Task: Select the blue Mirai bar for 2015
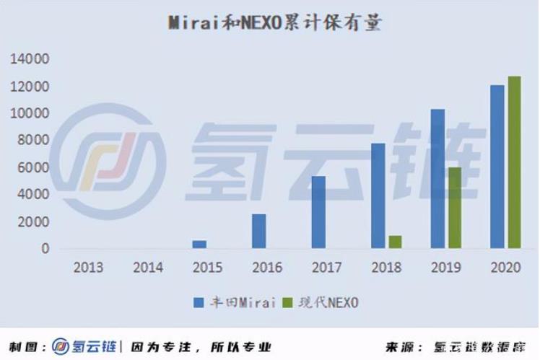pos(199,245)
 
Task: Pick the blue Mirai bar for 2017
pos(318,212)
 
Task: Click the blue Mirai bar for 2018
pos(378,196)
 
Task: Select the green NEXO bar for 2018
pos(394,242)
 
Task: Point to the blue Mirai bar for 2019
pos(437,178)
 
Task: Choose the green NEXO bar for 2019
pos(454,208)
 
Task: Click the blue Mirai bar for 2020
pos(497,167)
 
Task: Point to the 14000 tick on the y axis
pos(30,59)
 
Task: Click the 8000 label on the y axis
pos(33,141)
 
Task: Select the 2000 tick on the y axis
pos(33,221)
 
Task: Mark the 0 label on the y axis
pos(45,249)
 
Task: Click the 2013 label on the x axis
pos(88,268)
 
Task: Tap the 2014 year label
pos(148,268)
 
